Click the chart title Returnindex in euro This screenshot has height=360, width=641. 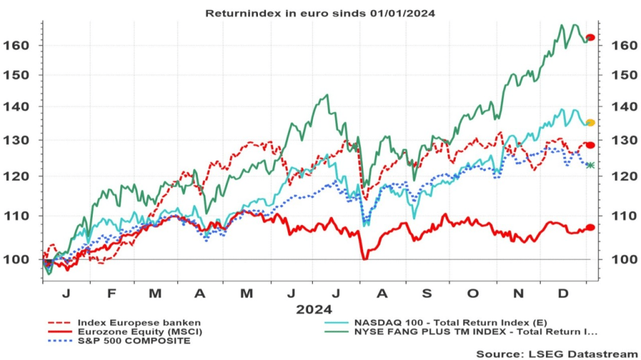[320, 13]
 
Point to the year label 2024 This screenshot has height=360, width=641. [314, 309]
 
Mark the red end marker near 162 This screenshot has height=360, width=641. [590, 38]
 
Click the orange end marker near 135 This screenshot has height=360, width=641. [590, 123]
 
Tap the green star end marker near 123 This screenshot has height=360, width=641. [590, 165]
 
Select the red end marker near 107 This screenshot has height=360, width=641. [590, 227]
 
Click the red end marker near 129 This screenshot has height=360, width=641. [590, 145]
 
